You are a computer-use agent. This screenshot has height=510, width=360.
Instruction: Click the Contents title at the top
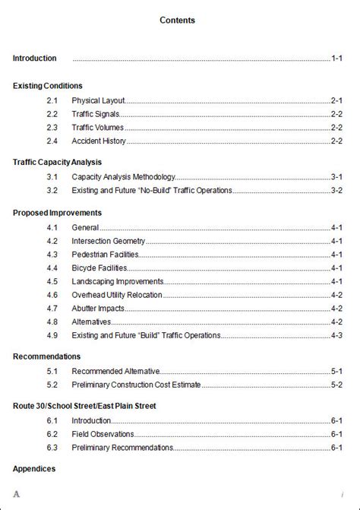click(177, 21)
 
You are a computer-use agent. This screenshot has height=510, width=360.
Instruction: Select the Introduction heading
click(35, 58)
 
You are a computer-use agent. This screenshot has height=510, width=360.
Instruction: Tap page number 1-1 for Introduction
click(336, 58)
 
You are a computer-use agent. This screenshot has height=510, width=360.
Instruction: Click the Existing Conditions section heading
click(48, 86)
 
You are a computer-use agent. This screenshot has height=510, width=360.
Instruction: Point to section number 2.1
click(52, 100)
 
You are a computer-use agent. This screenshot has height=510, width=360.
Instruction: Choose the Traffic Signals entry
click(95, 114)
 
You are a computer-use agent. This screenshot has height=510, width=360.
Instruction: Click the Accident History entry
click(99, 141)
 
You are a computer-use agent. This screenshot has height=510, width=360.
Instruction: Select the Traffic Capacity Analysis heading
click(57, 163)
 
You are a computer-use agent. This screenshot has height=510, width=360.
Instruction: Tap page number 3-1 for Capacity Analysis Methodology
click(336, 176)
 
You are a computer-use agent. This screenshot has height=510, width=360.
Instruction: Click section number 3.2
click(52, 190)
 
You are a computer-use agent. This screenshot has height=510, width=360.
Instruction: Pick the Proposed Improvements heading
click(57, 213)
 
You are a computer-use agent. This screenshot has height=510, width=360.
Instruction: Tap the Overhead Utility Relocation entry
click(116, 295)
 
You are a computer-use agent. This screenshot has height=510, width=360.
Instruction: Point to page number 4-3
click(336, 335)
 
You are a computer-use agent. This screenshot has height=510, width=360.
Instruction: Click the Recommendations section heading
click(47, 356)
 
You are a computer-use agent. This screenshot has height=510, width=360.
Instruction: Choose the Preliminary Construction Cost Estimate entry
click(136, 385)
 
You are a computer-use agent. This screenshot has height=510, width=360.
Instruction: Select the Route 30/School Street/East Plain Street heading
click(84, 407)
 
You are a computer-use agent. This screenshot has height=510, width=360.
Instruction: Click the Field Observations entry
click(103, 434)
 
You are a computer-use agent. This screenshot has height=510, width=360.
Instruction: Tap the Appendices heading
click(34, 469)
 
